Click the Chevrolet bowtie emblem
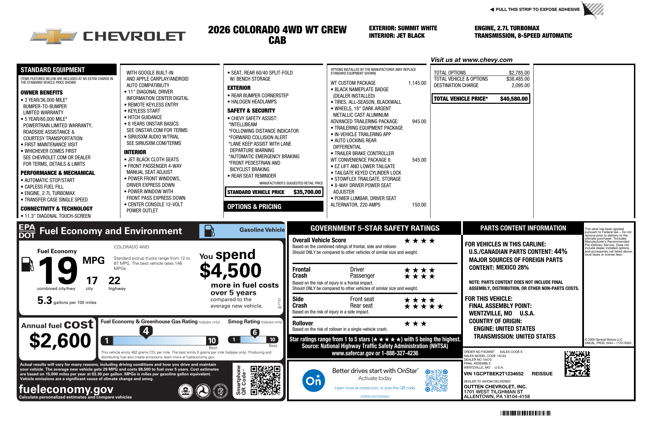click(54, 36)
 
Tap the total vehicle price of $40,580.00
click(514, 99)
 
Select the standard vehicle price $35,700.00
click(307, 192)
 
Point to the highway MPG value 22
click(114, 281)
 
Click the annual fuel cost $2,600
click(60, 341)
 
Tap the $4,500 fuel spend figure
click(231, 271)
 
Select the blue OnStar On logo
click(313, 380)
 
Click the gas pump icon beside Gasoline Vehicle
click(209, 231)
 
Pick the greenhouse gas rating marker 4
click(146, 331)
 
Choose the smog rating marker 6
click(255, 332)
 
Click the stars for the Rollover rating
click(415, 324)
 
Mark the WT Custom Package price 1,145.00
click(417, 83)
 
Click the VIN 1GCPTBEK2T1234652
click(493, 374)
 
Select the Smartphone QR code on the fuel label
click(265, 380)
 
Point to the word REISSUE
click(542, 374)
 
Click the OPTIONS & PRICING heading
click(254, 207)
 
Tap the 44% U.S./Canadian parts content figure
click(560, 251)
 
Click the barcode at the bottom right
click(525, 413)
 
